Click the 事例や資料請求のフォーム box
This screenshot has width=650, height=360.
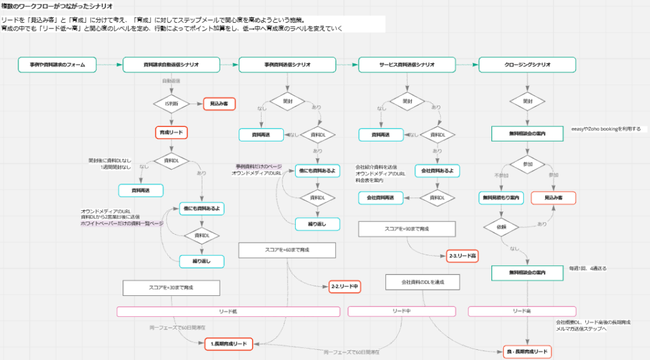[57, 65]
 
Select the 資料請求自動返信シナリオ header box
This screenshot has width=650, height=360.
[171, 65]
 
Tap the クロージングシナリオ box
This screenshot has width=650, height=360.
[527, 65]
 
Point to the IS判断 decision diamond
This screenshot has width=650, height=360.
[171, 103]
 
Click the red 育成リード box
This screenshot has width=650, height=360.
[171, 133]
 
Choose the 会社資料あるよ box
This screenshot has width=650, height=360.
[437, 171]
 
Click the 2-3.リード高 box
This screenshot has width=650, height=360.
[463, 256]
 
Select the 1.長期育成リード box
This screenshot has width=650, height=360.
[229, 343]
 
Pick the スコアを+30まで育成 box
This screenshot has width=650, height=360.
[171, 288]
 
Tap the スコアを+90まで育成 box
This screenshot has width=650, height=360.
[407, 228]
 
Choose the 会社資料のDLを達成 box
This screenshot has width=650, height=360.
[422, 281]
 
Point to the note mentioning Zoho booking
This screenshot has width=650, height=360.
[606, 129]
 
